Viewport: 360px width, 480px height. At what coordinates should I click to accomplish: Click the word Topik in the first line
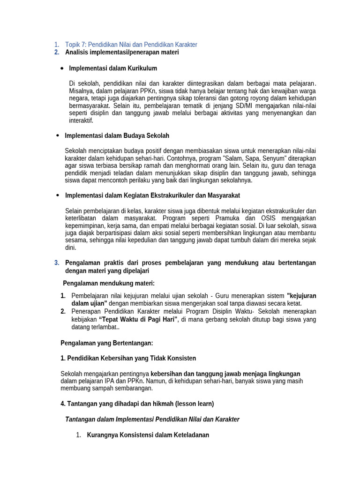pos(73,45)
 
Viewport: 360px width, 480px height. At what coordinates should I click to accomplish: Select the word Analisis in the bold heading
pos(77,52)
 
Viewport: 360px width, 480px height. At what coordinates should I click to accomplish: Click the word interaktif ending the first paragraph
pos(81,121)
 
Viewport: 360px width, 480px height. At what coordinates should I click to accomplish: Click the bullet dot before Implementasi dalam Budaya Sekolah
pos(58,135)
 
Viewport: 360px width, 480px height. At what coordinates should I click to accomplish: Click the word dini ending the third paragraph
pos(70,248)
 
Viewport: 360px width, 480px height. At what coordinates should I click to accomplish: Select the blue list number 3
pos(57,263)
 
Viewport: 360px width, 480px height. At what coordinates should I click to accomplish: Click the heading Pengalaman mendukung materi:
pos(109,283)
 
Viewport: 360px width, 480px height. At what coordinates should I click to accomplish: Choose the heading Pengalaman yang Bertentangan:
pos(107,343)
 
